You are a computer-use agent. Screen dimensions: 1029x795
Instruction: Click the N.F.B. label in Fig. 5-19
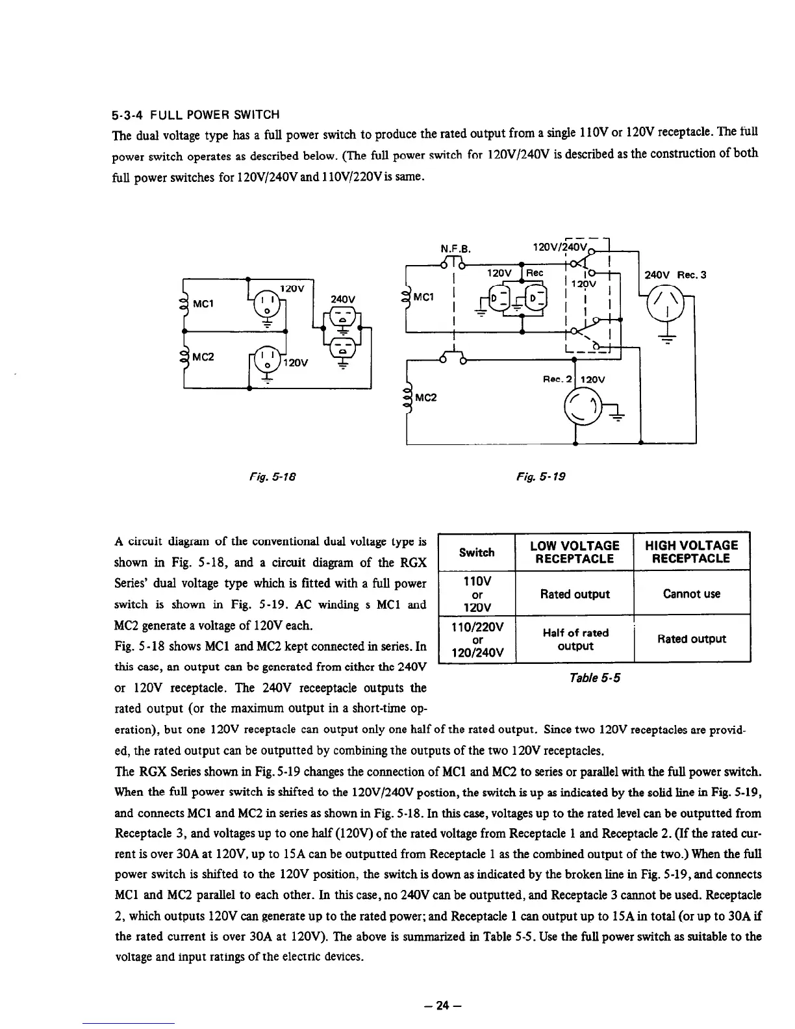[x=455, y=248]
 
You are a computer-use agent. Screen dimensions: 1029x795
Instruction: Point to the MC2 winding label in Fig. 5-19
[x=426, y=398]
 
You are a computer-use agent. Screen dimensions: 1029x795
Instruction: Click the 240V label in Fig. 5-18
[x=343, y=299]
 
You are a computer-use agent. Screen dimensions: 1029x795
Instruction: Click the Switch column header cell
[x=477, y=552]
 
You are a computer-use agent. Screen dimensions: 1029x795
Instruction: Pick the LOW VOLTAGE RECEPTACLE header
[x=575, y=552]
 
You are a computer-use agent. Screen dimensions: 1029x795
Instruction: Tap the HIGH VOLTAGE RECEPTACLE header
[x=691, y=552]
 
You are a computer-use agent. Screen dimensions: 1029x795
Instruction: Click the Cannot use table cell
[x=691, y=594]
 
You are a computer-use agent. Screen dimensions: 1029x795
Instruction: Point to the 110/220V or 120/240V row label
[x=477, y=639]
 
